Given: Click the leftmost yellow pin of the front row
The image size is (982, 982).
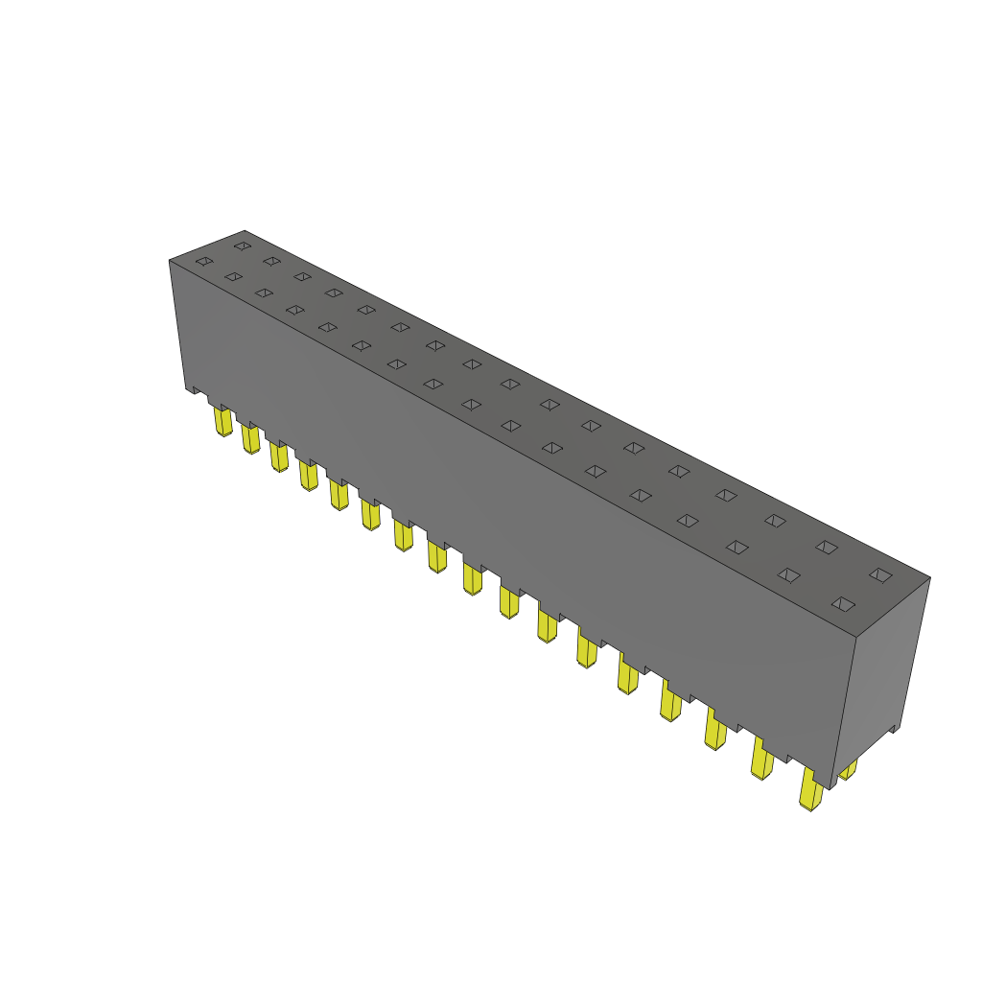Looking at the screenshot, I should [x=222, y=421].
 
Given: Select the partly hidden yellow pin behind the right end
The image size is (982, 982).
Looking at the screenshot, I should [x=848, y=769].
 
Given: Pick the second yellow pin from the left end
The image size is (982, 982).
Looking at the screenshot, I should [x=250, y=438].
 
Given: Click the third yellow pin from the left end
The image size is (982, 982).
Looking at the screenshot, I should [x=279, y=456].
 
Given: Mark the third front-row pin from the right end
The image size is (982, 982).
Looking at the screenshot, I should [x=715, y=730].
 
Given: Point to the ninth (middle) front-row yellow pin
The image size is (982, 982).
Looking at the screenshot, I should [x=473, y=578].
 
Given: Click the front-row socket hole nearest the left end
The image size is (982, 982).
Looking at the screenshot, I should [x=203, y=261].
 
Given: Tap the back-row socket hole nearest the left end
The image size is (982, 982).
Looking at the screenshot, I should [x=242, y=245].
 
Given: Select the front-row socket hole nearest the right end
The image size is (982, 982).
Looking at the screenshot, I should [x=842, y=603].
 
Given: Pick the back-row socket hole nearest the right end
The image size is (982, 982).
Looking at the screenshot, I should [x=879, y=574].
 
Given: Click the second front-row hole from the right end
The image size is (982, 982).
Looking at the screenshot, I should [x=788, y=574].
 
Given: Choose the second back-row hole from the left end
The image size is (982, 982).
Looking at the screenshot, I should [x=271, y=261].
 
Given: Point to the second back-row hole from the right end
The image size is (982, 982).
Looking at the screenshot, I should [x=826, y=547].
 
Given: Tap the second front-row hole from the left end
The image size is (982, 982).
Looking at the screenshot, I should [x=233, y=276].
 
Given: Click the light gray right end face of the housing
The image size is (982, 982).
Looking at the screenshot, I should [x=882, y=671].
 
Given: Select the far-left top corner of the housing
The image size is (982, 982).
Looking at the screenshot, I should [x=170, y=260].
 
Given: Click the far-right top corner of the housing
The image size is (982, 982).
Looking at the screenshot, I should [x=929, y=578].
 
